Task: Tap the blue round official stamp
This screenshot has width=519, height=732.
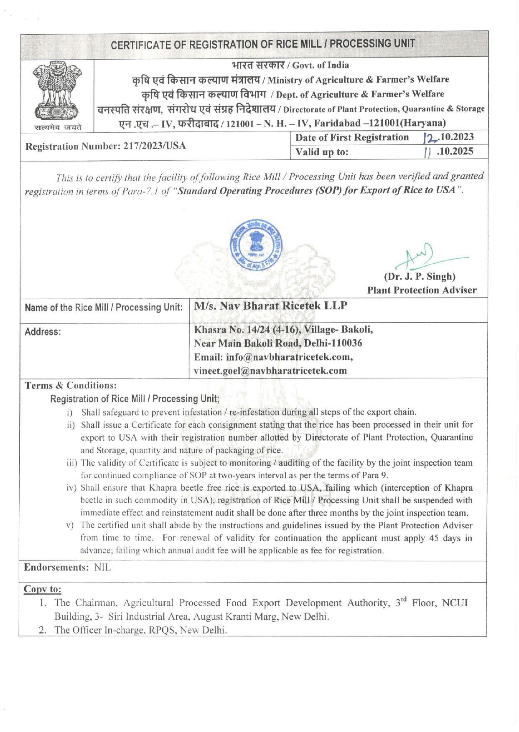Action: [256, 245]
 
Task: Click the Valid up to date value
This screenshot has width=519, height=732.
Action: [449, 151]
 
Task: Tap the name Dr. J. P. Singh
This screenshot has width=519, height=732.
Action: [420, 276]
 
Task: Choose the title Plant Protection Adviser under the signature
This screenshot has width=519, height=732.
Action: [422, 290]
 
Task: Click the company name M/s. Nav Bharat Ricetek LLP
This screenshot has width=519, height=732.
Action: [271, 306]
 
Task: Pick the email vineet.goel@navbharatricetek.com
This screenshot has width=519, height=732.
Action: [270, 371]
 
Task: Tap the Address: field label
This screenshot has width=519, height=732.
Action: [43, 332]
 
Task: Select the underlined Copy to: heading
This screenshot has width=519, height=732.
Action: [43, 589]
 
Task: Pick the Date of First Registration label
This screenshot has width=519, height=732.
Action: [352, 137]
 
